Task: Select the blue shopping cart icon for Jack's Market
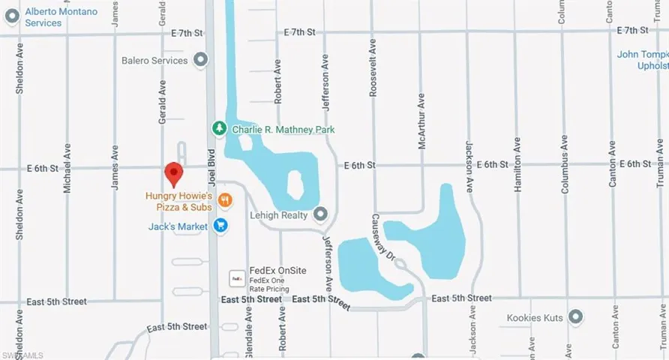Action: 220,225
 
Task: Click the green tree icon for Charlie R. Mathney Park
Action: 219,129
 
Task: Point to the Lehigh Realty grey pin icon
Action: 321,215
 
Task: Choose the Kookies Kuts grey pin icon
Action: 576,318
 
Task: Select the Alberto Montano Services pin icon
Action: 10,17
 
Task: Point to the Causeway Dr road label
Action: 382,238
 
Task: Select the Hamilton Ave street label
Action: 517,165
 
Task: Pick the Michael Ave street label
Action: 67,167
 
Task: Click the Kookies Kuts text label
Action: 534,318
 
